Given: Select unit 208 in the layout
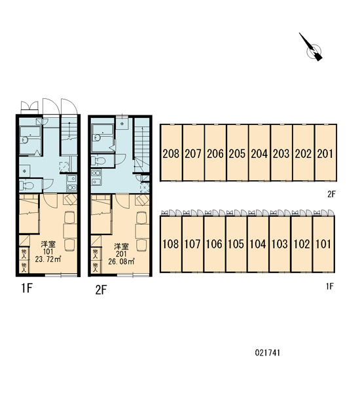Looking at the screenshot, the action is pyautogui.click(x=171, y=153).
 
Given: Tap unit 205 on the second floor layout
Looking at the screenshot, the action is pyautogui.click(x=237, y=153).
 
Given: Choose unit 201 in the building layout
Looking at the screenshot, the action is pyautogui.click(x=325, y=153).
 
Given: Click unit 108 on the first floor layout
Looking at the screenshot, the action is pyautogui.click(x=171, y=244).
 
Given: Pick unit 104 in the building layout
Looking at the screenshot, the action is pyautogui.click(x=258, y=244).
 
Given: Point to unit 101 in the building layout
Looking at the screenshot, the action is pyautogui.click(x=323, y=244).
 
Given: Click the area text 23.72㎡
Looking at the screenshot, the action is pyautogui.click(x=48, y=259).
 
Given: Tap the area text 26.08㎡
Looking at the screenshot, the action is pyautogui.click(x=122, y=261).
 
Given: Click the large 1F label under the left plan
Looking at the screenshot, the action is pyautogui.click(x=27, y=288).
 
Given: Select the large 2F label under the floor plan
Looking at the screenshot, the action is pyautogui.click(x=101, y=290).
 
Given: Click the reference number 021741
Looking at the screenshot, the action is pyautogui.click(x=267, y=353).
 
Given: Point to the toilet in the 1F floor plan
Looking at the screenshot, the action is pyautogui.click(x=27, y=185).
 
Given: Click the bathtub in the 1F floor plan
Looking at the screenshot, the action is pyautogui.click(x=30, y=140).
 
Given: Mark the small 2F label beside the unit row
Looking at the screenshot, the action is pyautogui.click(x=331, y=194).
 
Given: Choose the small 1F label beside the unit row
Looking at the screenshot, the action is pyautogui.click(x=330, y=286).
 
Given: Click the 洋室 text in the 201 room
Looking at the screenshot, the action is pyautogui.click(x=121, y=246).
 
